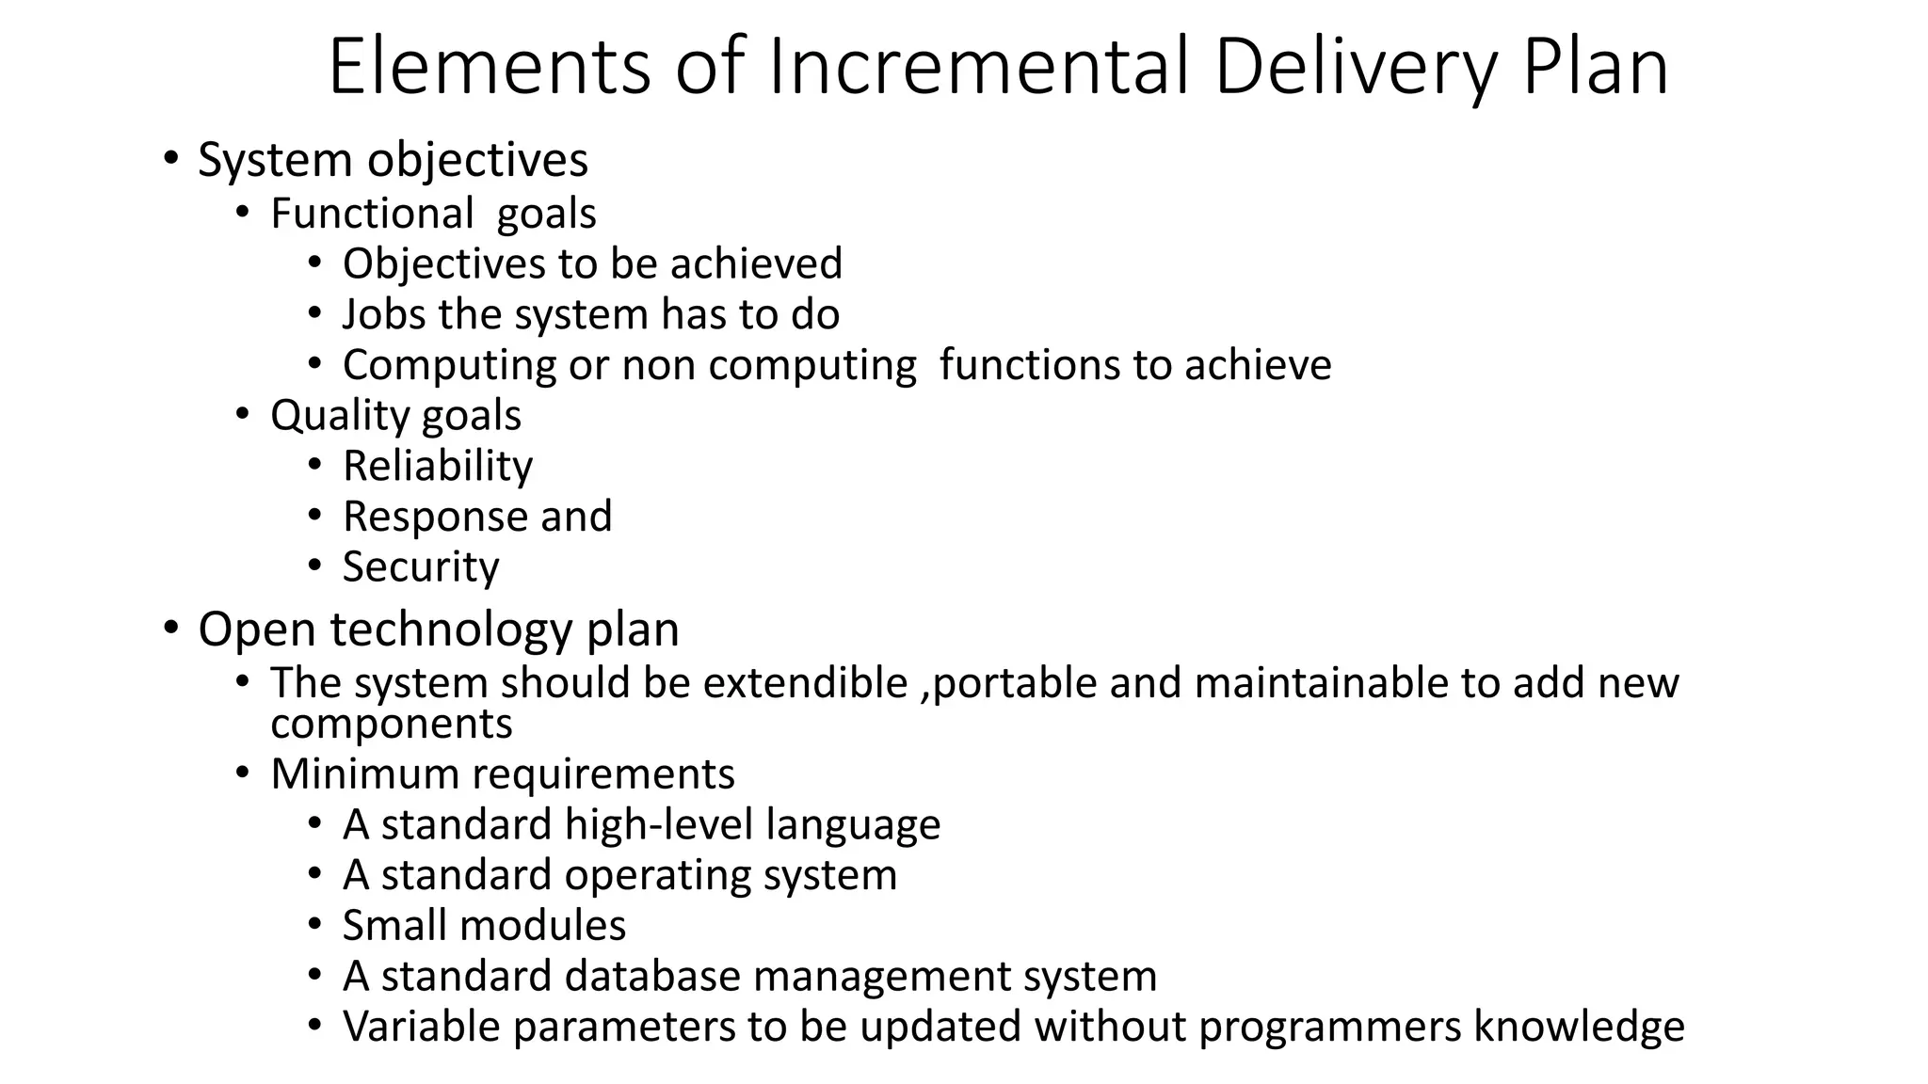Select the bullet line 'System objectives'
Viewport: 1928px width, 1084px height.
[393, 160]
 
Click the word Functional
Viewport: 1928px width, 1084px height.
[372, 214]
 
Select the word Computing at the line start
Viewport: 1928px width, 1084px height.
[449, 366]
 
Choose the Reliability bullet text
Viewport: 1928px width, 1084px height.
[438, 467]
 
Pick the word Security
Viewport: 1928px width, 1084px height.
[421, 567]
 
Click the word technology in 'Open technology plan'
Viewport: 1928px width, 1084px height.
[451, 630]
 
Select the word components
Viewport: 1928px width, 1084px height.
[392, 725]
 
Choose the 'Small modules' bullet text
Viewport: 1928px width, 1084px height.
[484, 926]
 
